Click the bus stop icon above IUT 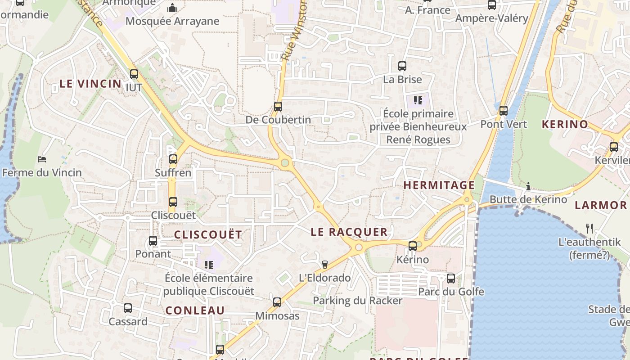(134, 74)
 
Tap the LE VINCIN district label (90, 84)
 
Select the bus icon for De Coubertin (278, 107)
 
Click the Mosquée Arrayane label (172, 21)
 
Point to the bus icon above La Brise (402, 66)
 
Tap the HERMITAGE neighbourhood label (439, 185)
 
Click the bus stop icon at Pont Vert (503, 110)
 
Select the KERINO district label (565, 124)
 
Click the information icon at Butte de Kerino (528, 186)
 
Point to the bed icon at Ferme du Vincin (42, 159)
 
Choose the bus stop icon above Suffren (173, 159)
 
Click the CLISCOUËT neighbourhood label (208, 234)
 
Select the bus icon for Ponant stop (153, 241)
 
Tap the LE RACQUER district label (349, 232)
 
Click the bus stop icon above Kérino (412, 246)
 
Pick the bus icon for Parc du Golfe (451, 278)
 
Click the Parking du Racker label (357, 300)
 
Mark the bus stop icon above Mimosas (277, 302)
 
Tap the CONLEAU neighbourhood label (195, 310)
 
